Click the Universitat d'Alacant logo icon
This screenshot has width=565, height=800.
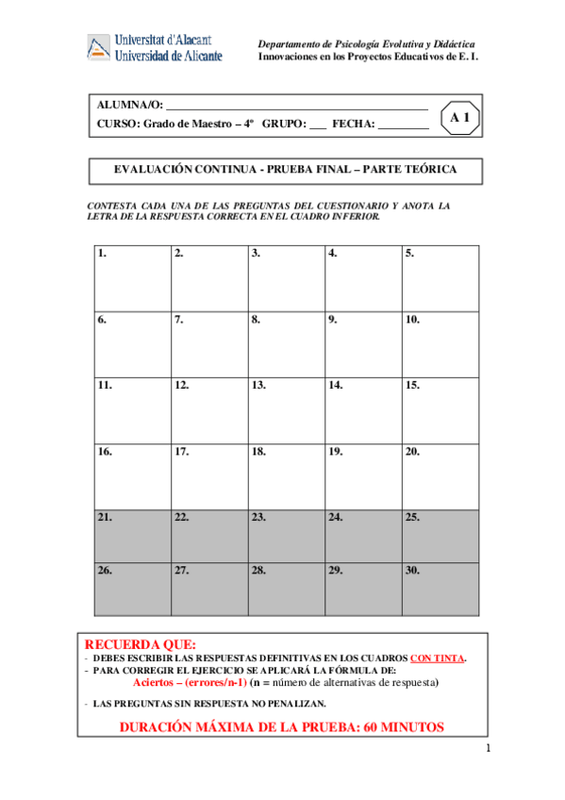[x=99, y=48]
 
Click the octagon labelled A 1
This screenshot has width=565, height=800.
[x=460, y=118]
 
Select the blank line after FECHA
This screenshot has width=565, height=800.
[x=403, y=125]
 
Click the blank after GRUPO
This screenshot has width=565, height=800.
[x=317, y=125]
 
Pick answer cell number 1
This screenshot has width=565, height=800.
[x=132, y=278]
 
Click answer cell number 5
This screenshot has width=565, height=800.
[x=440, y=278]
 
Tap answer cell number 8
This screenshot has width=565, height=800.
[x=287, y=343]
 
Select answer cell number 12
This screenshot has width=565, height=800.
[x=209, y=409]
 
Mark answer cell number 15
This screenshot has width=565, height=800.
[x=440, y=409]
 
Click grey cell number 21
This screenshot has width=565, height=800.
[x=132, y=536]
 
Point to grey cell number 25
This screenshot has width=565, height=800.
[x=440, y=536]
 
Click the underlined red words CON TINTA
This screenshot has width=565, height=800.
[x=437, y=658]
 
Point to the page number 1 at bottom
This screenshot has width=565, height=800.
[x=489, y=749]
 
